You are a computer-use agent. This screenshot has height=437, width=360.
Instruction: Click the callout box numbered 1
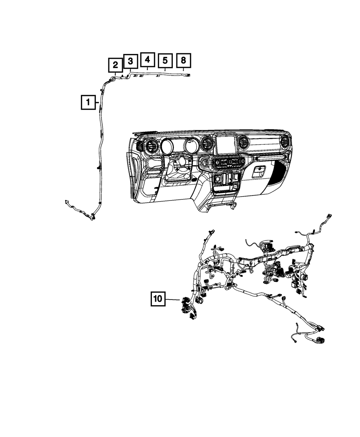coord(87,103)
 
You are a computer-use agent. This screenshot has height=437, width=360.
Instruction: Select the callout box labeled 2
coord(115,65)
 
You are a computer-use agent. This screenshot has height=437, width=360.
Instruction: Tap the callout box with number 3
coord(130,61)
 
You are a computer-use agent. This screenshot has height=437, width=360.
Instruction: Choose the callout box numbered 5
coord(165,60)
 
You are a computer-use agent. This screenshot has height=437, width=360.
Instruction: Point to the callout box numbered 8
coord(183,60)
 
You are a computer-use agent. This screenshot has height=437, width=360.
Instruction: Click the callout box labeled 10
coord(158,299)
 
